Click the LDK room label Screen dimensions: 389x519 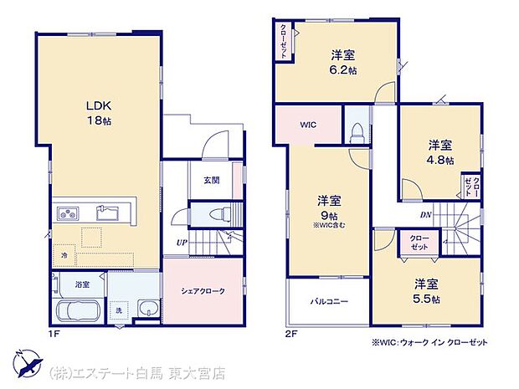point(97,105)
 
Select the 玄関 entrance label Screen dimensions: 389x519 point(211,180)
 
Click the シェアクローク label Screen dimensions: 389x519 point(203,290)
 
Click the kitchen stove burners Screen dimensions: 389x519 point(68,213)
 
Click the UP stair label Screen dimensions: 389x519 point(182,243)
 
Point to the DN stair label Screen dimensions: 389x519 point(426,215)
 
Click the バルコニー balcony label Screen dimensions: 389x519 point(328,300)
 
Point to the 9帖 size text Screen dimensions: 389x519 point(328,215)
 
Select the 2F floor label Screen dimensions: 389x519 point(289,333)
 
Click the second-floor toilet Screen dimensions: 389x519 point(357,132)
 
